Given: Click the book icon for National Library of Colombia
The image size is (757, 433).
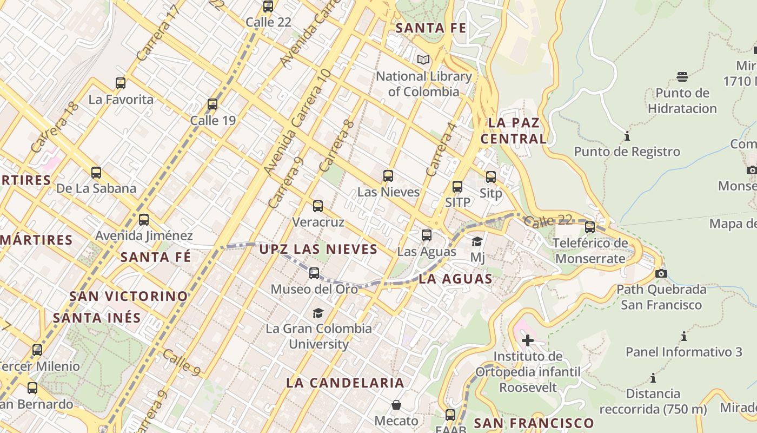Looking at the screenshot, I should coord(423,60).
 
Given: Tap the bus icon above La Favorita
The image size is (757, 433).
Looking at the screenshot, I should coord(121,83).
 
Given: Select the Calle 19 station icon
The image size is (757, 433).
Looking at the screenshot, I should coord(213,104).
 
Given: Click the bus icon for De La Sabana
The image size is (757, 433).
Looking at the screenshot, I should coord(96,173).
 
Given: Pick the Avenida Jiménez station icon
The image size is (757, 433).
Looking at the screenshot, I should coord(144,220).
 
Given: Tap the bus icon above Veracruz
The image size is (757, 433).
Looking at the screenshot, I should coord(318,206).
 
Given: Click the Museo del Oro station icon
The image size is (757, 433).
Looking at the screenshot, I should coord(314,273).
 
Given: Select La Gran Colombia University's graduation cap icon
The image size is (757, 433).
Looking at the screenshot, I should coord(318,313).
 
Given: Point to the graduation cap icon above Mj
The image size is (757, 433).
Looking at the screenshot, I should coord(477,241).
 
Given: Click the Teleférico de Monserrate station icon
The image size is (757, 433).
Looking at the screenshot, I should coord(590,227).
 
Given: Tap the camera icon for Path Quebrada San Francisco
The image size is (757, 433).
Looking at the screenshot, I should coord(661,273).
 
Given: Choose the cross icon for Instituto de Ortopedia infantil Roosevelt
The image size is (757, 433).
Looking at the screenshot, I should coord(527,340).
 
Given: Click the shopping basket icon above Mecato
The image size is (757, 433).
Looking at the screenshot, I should coord(396,405).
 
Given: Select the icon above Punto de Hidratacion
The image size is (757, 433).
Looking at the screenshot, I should coord(682,77).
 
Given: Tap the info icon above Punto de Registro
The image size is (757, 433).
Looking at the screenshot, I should coord(627,136).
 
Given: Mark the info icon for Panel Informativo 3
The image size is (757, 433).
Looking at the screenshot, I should coord(684,336).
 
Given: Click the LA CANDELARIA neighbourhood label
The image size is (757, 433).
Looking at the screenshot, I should coord(345,383).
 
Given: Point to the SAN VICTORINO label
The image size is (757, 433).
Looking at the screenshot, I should coord(129,296).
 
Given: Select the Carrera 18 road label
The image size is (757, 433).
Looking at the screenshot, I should coord(55,127).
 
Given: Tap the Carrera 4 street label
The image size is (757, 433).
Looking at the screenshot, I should coord(441,149).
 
